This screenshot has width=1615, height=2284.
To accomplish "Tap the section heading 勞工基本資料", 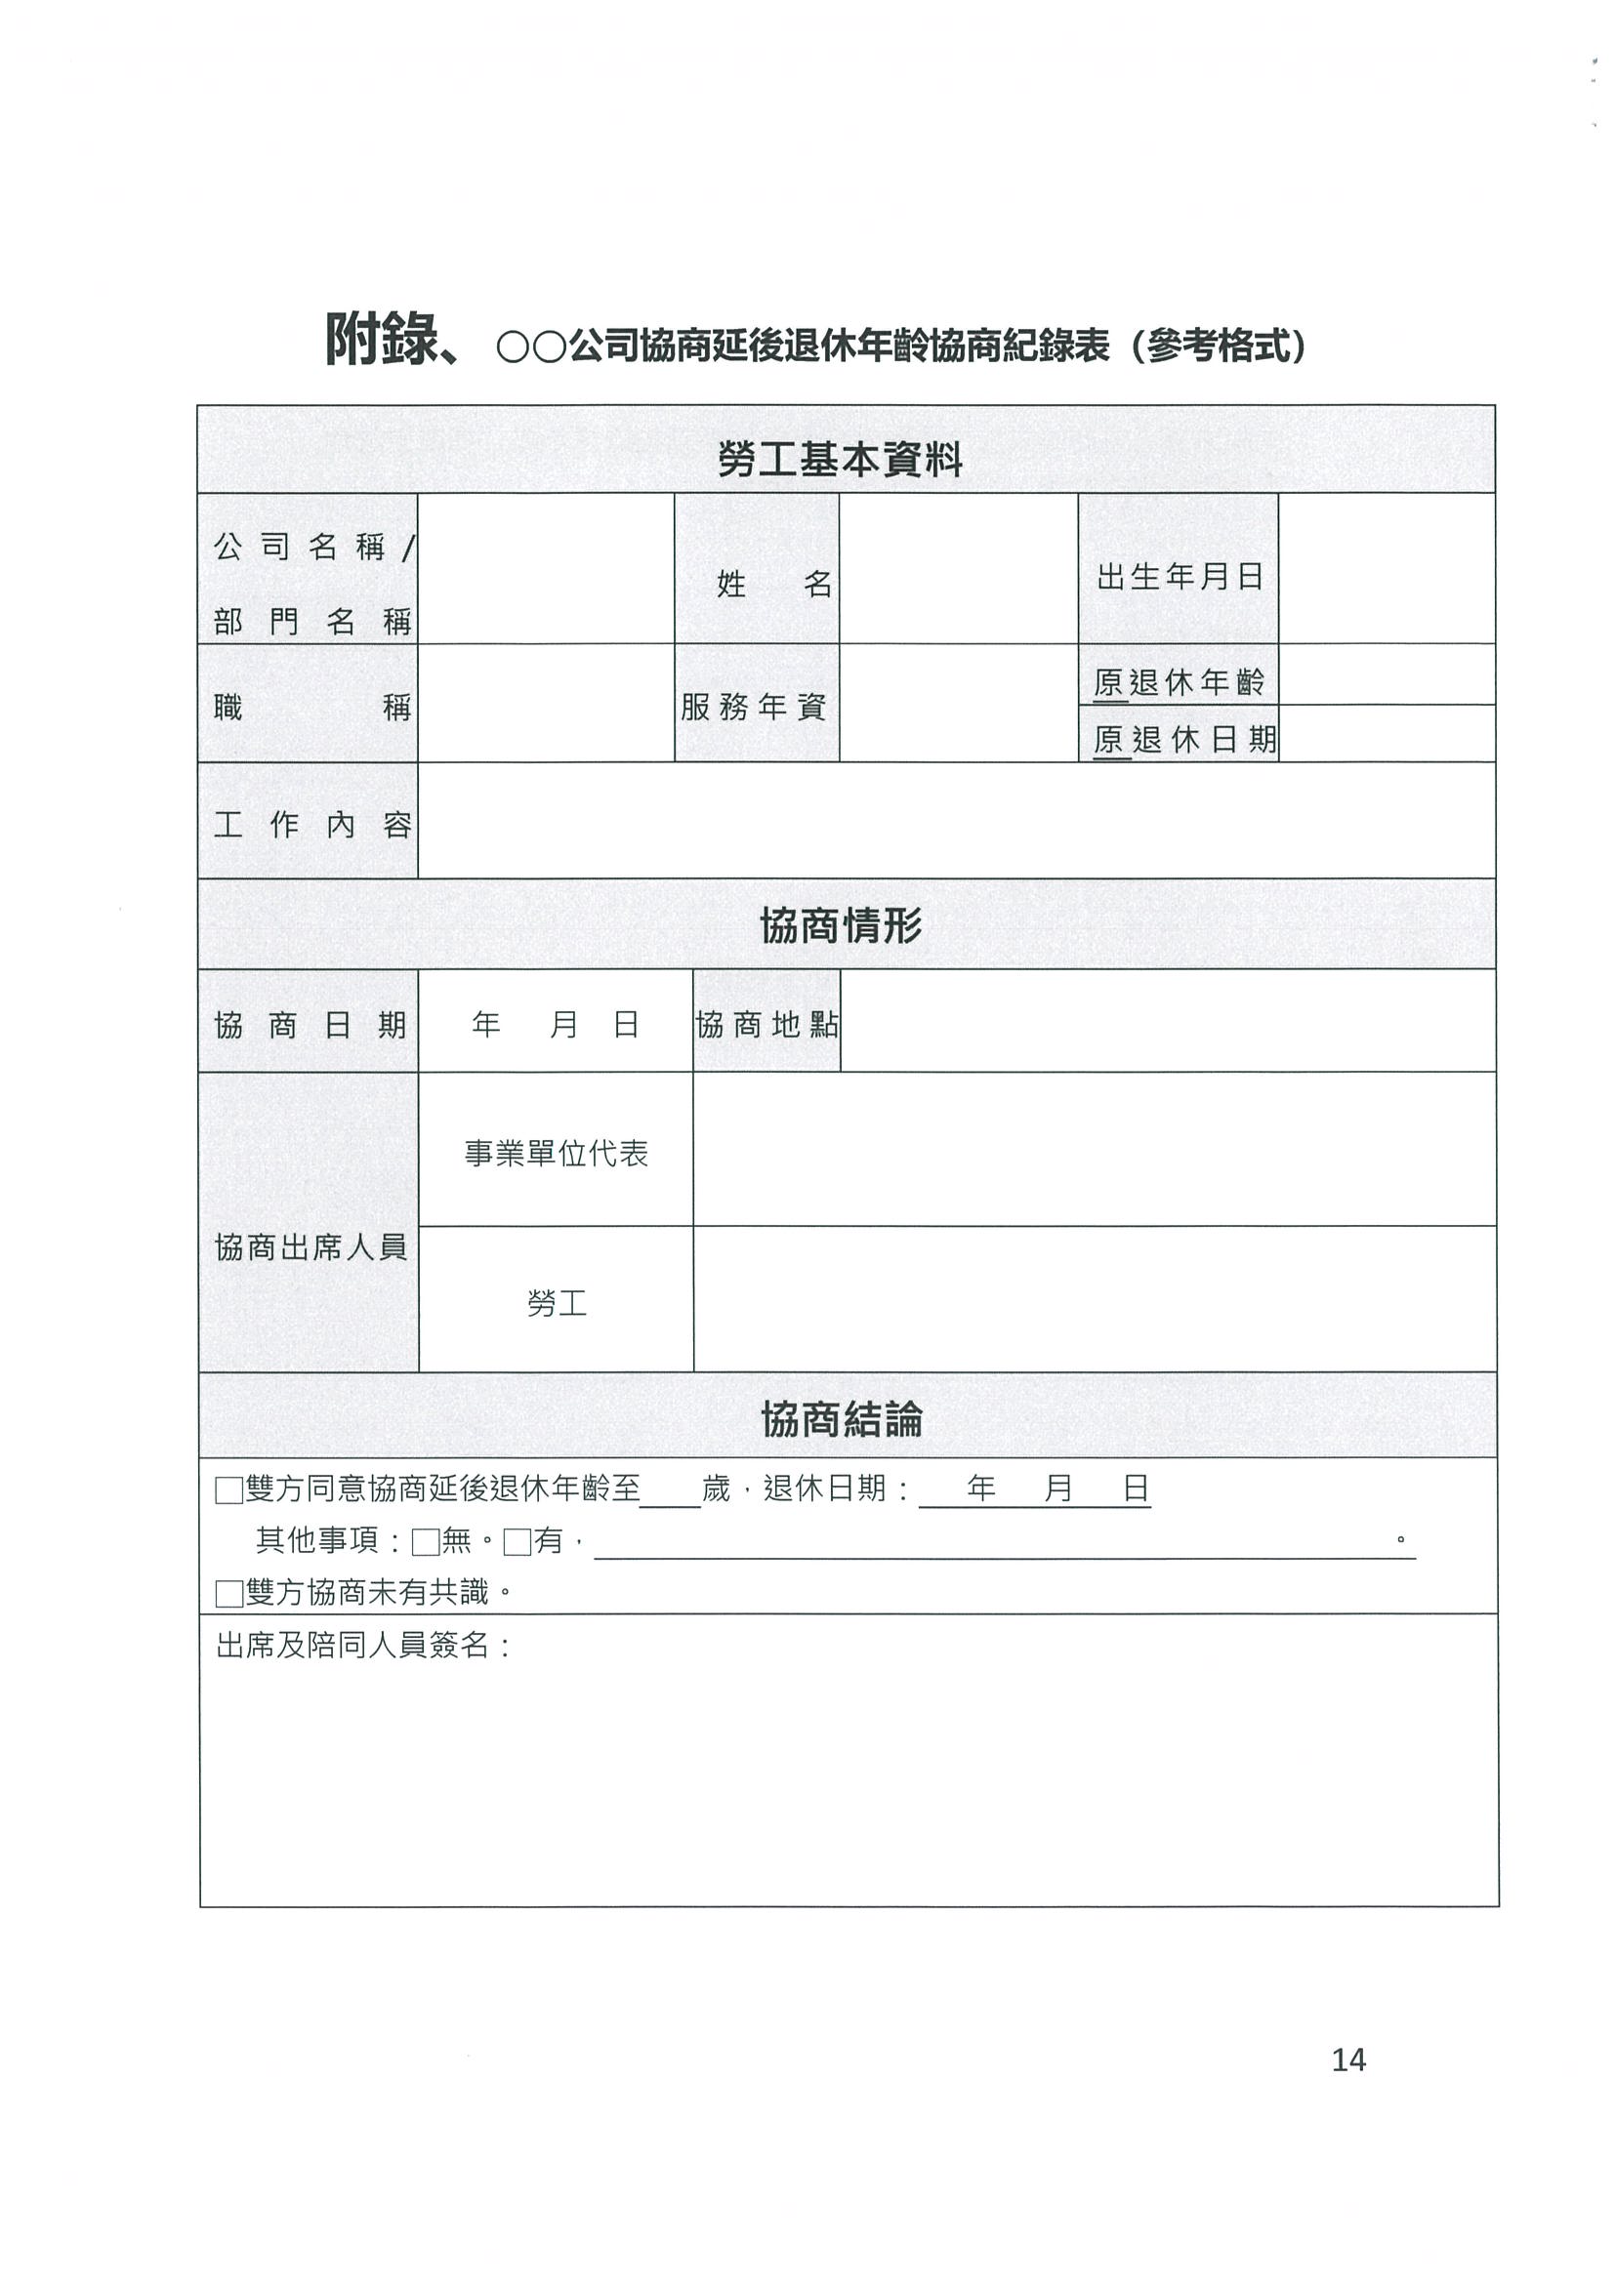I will click(x=840, y=460).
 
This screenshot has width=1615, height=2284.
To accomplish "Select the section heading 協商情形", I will click(x=841, y=925).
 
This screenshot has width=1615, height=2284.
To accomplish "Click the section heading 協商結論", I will click(x=842, y=1418).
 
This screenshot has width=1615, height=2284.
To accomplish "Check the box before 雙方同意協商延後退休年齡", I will click(x=228, y=1490).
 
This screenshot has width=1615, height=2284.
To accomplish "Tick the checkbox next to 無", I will click(x=426, y=1542).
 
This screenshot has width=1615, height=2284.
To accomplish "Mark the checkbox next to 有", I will click(x=518, y=1542).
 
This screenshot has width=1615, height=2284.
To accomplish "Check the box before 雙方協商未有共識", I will click(x=228, y=1594).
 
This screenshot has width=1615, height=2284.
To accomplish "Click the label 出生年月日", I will click(x=1180, y=577).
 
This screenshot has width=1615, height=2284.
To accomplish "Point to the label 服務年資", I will click(x=754, y=708).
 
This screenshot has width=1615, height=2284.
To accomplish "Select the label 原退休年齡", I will click(x=1180, y=682).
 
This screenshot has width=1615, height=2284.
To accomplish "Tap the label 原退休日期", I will click(x=1184, y=739).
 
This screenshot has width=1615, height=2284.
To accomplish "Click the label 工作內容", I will click(x=311, y=825).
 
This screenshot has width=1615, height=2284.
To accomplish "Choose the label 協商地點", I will click(x=766, y=1025).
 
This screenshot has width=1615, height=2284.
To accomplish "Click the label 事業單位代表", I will click(x=557, y=1153).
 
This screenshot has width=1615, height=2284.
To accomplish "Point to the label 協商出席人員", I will click(x=311, y=1246).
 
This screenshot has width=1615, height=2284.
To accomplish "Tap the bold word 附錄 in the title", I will click(x=383, y=342).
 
